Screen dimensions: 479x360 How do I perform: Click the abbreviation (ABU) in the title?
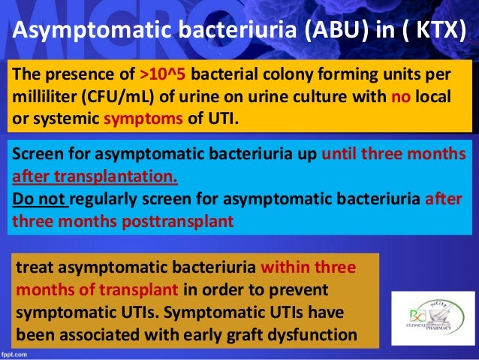click(328, 34)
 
